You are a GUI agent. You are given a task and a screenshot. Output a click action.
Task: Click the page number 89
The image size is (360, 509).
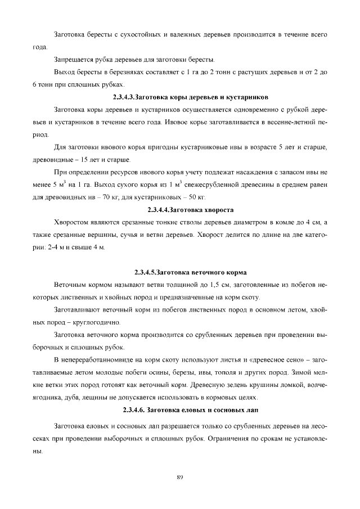(x=180, y=478)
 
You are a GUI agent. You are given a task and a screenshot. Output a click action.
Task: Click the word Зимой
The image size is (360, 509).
(x=296, y=372)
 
